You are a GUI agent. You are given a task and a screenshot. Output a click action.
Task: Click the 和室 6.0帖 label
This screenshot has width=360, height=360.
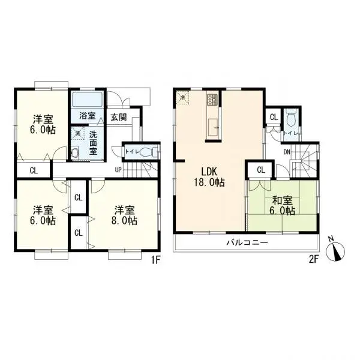tap(281, 206)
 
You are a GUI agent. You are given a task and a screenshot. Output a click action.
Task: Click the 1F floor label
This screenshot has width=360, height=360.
tap(155, 260)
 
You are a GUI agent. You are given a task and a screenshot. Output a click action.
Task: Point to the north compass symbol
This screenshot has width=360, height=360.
tap(337, 251)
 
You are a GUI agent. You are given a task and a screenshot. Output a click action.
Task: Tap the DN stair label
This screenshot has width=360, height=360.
tap(287, 152)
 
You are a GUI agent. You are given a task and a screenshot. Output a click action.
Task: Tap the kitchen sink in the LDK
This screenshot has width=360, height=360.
tap(213, 125)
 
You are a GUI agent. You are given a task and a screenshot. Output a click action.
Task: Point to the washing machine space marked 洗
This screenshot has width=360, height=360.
tap(76, 134)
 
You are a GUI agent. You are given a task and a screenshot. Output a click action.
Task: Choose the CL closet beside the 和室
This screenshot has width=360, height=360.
tap(260, 170)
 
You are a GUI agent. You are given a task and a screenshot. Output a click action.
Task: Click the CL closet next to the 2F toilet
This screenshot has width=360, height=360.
tap(274, 117)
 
